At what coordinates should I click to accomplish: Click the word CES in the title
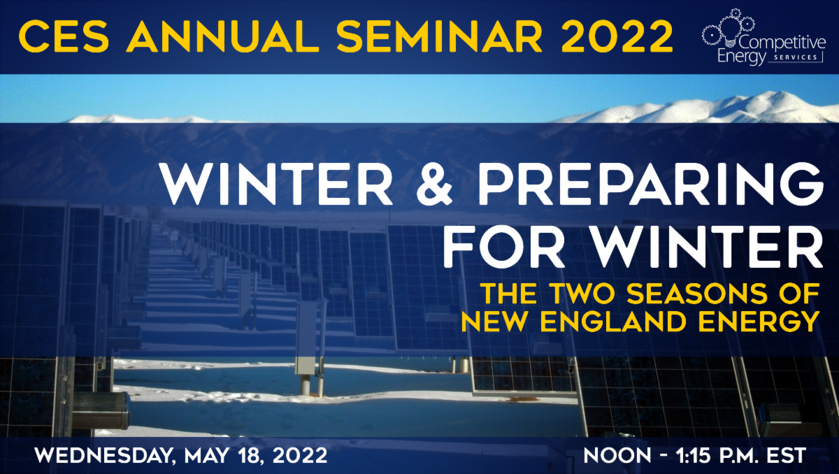(x=64, y=36)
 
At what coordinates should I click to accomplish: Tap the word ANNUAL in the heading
(x=222, y=36)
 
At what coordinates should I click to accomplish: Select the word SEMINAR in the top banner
(x=439, y=36)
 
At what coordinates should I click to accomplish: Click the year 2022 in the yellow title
(x=617, y=36)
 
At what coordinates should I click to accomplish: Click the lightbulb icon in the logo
(x=731, y=33)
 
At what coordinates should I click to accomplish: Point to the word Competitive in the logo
(x=782, y=43)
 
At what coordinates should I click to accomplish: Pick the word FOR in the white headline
(x=503, y=247)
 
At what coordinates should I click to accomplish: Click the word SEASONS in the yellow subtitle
(x=697, y=294)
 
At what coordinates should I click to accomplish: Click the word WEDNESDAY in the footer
(x=105, y=456)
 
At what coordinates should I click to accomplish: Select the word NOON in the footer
(x=617, y=455)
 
